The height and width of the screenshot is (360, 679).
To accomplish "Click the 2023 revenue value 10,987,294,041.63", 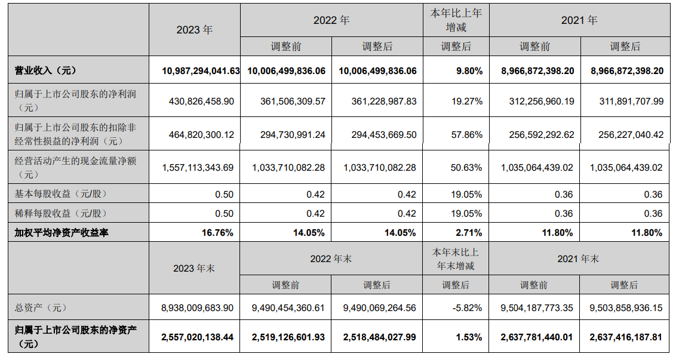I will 201,70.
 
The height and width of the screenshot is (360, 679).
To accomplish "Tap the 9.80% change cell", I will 469,70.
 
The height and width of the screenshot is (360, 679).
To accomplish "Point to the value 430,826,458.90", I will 201,101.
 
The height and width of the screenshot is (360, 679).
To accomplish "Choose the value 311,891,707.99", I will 626,101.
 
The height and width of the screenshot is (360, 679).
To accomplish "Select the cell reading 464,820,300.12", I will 201,135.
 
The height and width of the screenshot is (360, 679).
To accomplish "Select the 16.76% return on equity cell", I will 217,233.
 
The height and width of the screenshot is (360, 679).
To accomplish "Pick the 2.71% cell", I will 469,233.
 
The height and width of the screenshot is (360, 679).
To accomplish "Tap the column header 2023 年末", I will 194,269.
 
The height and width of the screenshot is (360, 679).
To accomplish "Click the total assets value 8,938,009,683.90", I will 197,308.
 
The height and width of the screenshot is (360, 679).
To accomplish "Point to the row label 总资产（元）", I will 41,308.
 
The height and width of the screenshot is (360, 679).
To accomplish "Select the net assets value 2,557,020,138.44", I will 197,337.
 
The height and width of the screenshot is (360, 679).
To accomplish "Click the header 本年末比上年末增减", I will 456,259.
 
